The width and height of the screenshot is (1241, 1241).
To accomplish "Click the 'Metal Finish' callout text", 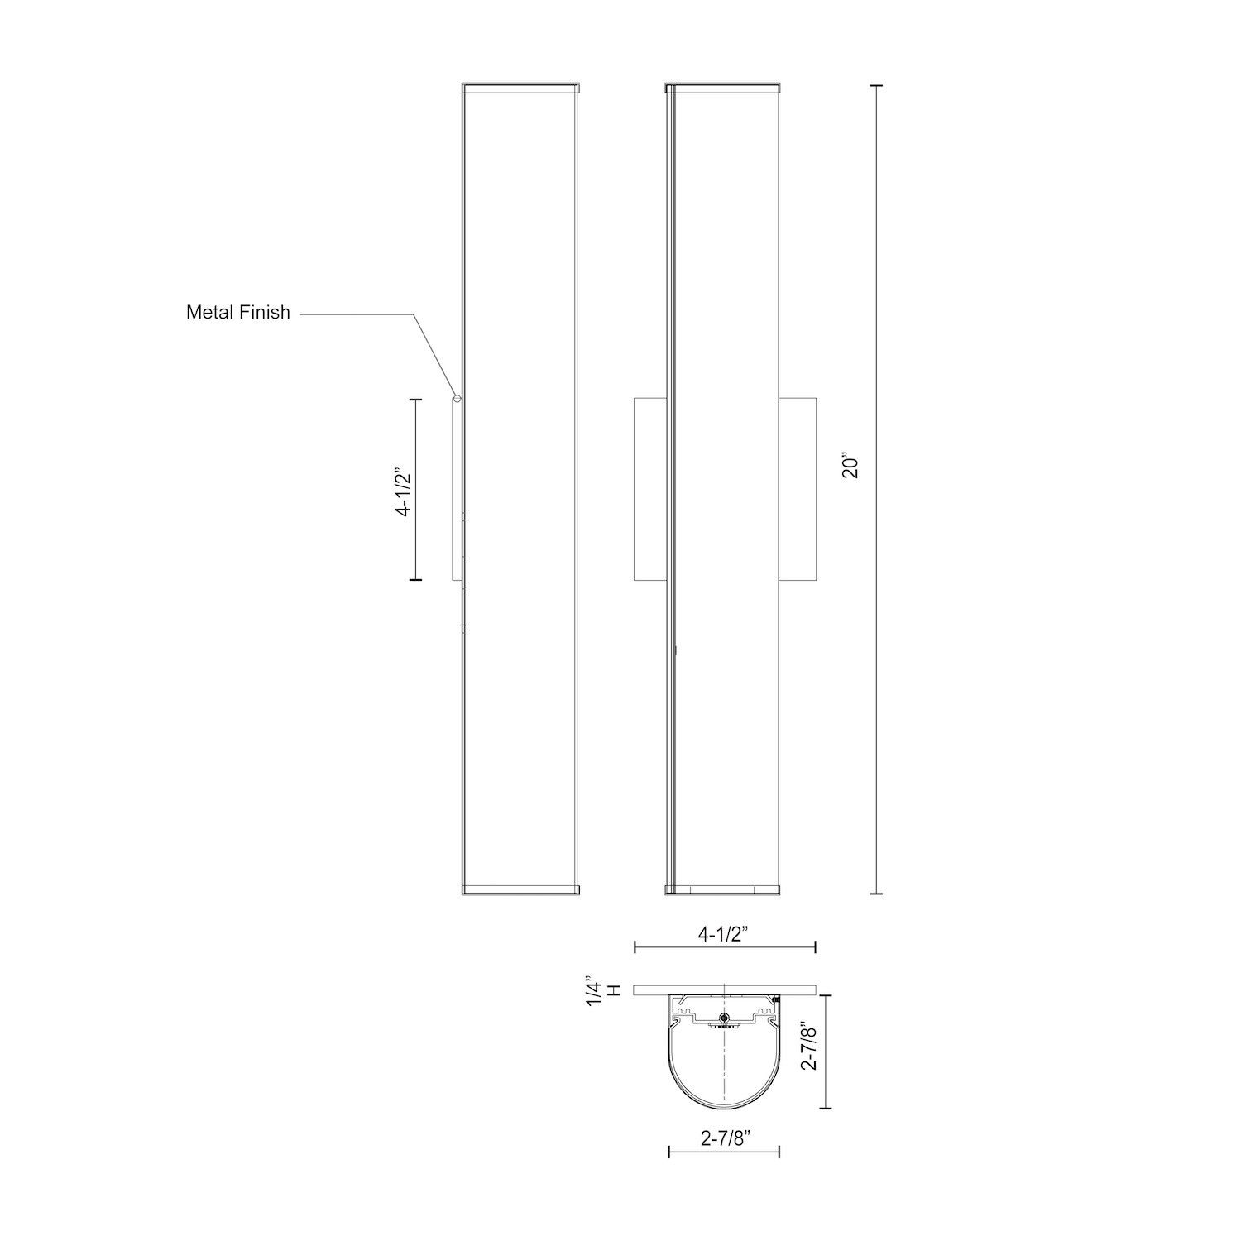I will point(238,313).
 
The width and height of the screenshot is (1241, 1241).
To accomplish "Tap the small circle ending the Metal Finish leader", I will point(456,399).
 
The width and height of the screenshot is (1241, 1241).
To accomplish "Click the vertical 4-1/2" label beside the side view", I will point(403,493).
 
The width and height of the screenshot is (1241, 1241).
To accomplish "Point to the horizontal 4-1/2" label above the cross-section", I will point(723,936).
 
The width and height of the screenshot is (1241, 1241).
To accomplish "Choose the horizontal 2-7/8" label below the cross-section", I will point(725,1139).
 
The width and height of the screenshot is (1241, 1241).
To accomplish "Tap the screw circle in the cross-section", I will point(725,1018).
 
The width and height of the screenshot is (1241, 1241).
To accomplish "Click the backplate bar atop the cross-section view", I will point(725,989).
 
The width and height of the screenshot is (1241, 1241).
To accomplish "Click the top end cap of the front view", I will point(722,85).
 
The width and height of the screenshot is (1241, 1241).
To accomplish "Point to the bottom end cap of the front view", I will point(722,889).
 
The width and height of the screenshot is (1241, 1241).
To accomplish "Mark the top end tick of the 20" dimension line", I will point(877,85).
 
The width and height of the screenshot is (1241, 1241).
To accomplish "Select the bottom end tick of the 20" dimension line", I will point(877,894).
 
